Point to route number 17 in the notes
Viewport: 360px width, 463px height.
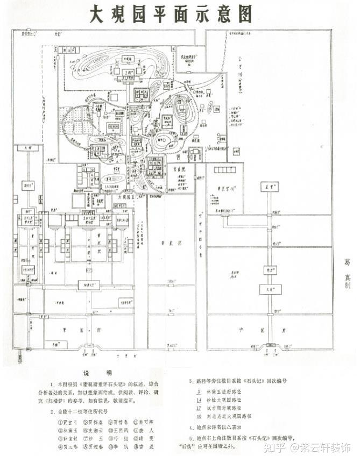199,408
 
